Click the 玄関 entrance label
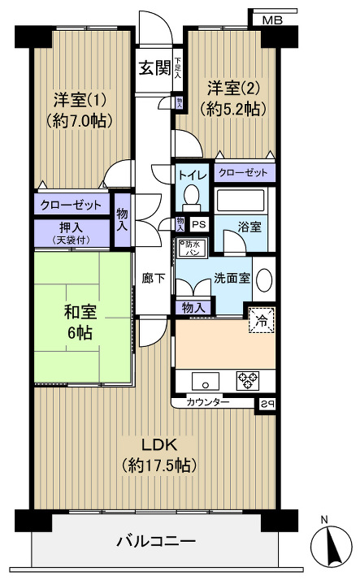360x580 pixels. point(154,67)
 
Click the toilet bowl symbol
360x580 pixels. point(191,196)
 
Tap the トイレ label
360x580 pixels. point(192,174)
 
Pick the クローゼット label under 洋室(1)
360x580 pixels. point(71,205)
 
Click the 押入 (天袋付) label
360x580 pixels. point(71,234)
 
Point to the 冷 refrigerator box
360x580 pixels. point(262,319)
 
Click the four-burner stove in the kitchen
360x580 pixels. point(247,379)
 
